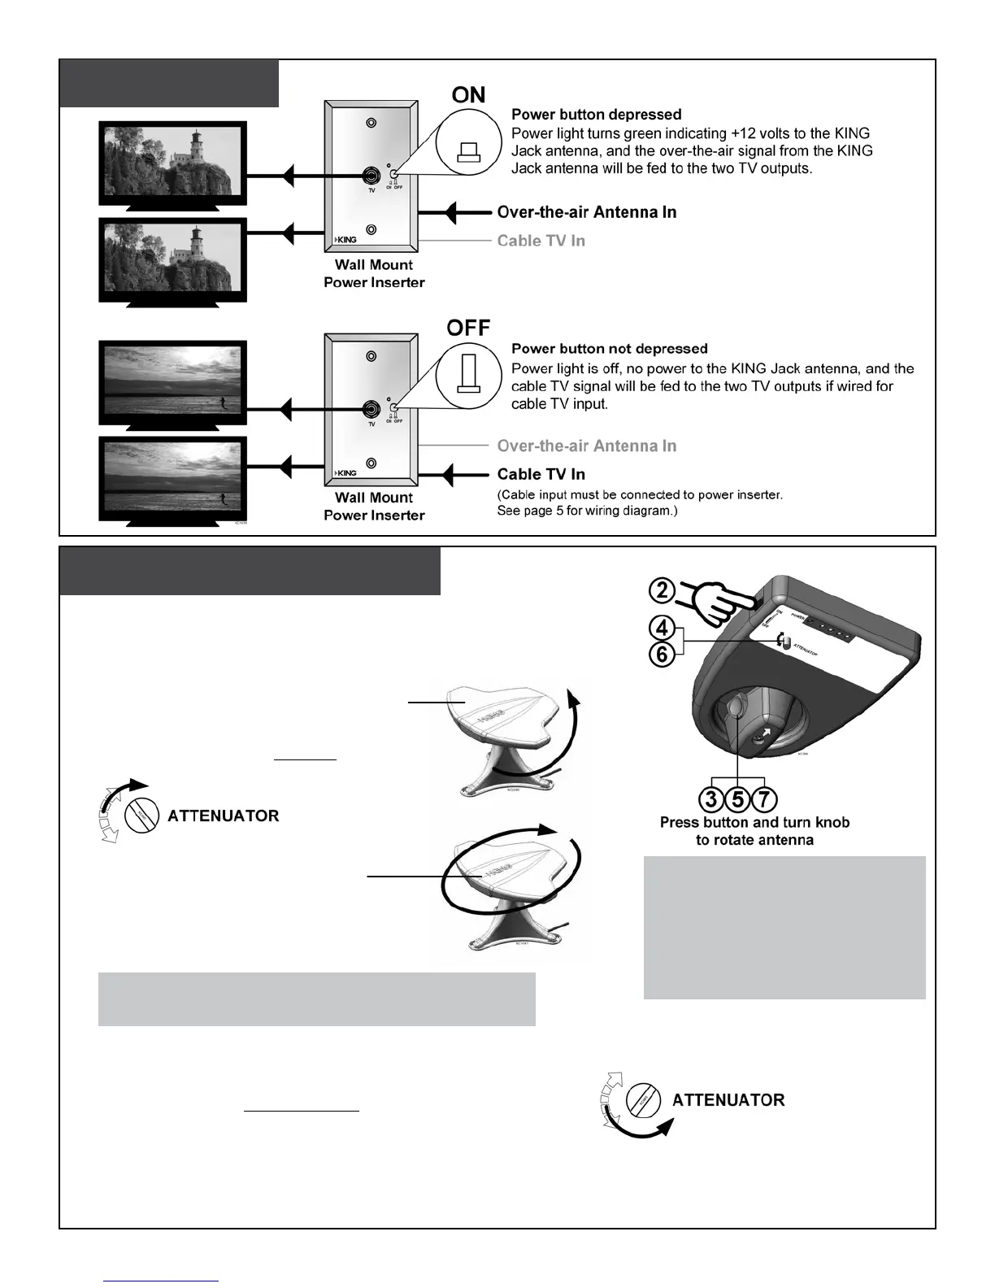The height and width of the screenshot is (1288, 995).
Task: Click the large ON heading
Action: tap(468, 95)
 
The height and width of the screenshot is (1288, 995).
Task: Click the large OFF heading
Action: tap(468, 328)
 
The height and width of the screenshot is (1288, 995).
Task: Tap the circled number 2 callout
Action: tap(663, 589)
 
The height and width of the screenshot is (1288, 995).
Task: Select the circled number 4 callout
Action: tap(663, 628)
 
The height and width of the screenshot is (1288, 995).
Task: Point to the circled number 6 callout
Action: tap(663, 654)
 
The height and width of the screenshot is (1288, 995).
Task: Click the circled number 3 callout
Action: tap(711, 799)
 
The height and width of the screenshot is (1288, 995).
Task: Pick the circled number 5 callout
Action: tap(737, 799)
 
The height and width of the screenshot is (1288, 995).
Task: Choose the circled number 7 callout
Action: tap(764, 799)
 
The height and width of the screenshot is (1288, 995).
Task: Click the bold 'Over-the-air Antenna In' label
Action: tap(586, 212)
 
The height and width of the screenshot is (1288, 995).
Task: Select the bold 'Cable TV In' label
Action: tap(541, 474)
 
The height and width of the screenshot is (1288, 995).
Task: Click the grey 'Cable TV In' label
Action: tap(541, 241)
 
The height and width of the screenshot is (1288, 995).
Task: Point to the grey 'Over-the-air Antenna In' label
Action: tap(586, 446)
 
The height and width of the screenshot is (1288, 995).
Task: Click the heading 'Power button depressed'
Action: tap(596, 115)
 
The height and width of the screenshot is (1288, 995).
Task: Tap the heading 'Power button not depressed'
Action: tap(609, 349)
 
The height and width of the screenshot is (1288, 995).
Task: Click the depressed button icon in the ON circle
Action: tap(469, 151)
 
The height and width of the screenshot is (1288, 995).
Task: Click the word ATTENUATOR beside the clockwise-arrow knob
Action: tap(223, 816)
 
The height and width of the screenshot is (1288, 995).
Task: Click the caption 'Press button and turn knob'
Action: tap(754, 822)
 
